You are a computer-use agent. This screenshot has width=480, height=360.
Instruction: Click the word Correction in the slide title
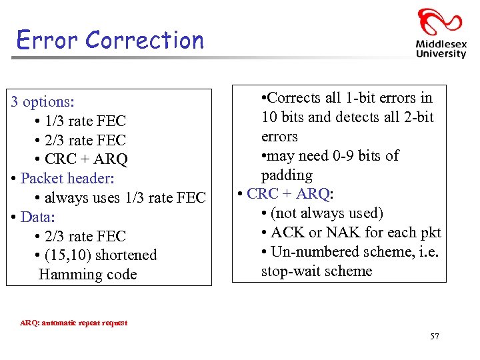pyautogui.click(x=144, y=40)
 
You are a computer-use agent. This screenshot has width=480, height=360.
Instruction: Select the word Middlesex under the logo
pyautogui.click(x=441, y=45)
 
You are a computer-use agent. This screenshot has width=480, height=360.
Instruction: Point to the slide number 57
pyautogui.click(x=435, y=337)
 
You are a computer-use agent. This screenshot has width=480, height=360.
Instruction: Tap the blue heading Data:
pyautogui.click(x=38, y=217)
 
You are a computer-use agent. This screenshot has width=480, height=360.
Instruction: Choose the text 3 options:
pyautogui.click(x=43, y=102)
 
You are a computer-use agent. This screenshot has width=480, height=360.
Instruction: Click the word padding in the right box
pyautogui.click(x=287, y=175)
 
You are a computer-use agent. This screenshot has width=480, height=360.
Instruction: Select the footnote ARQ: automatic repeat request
pyautogui.click(x=73, y=323)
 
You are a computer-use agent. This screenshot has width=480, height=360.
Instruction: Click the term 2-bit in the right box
pyautogui.click(x=418, y=117)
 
